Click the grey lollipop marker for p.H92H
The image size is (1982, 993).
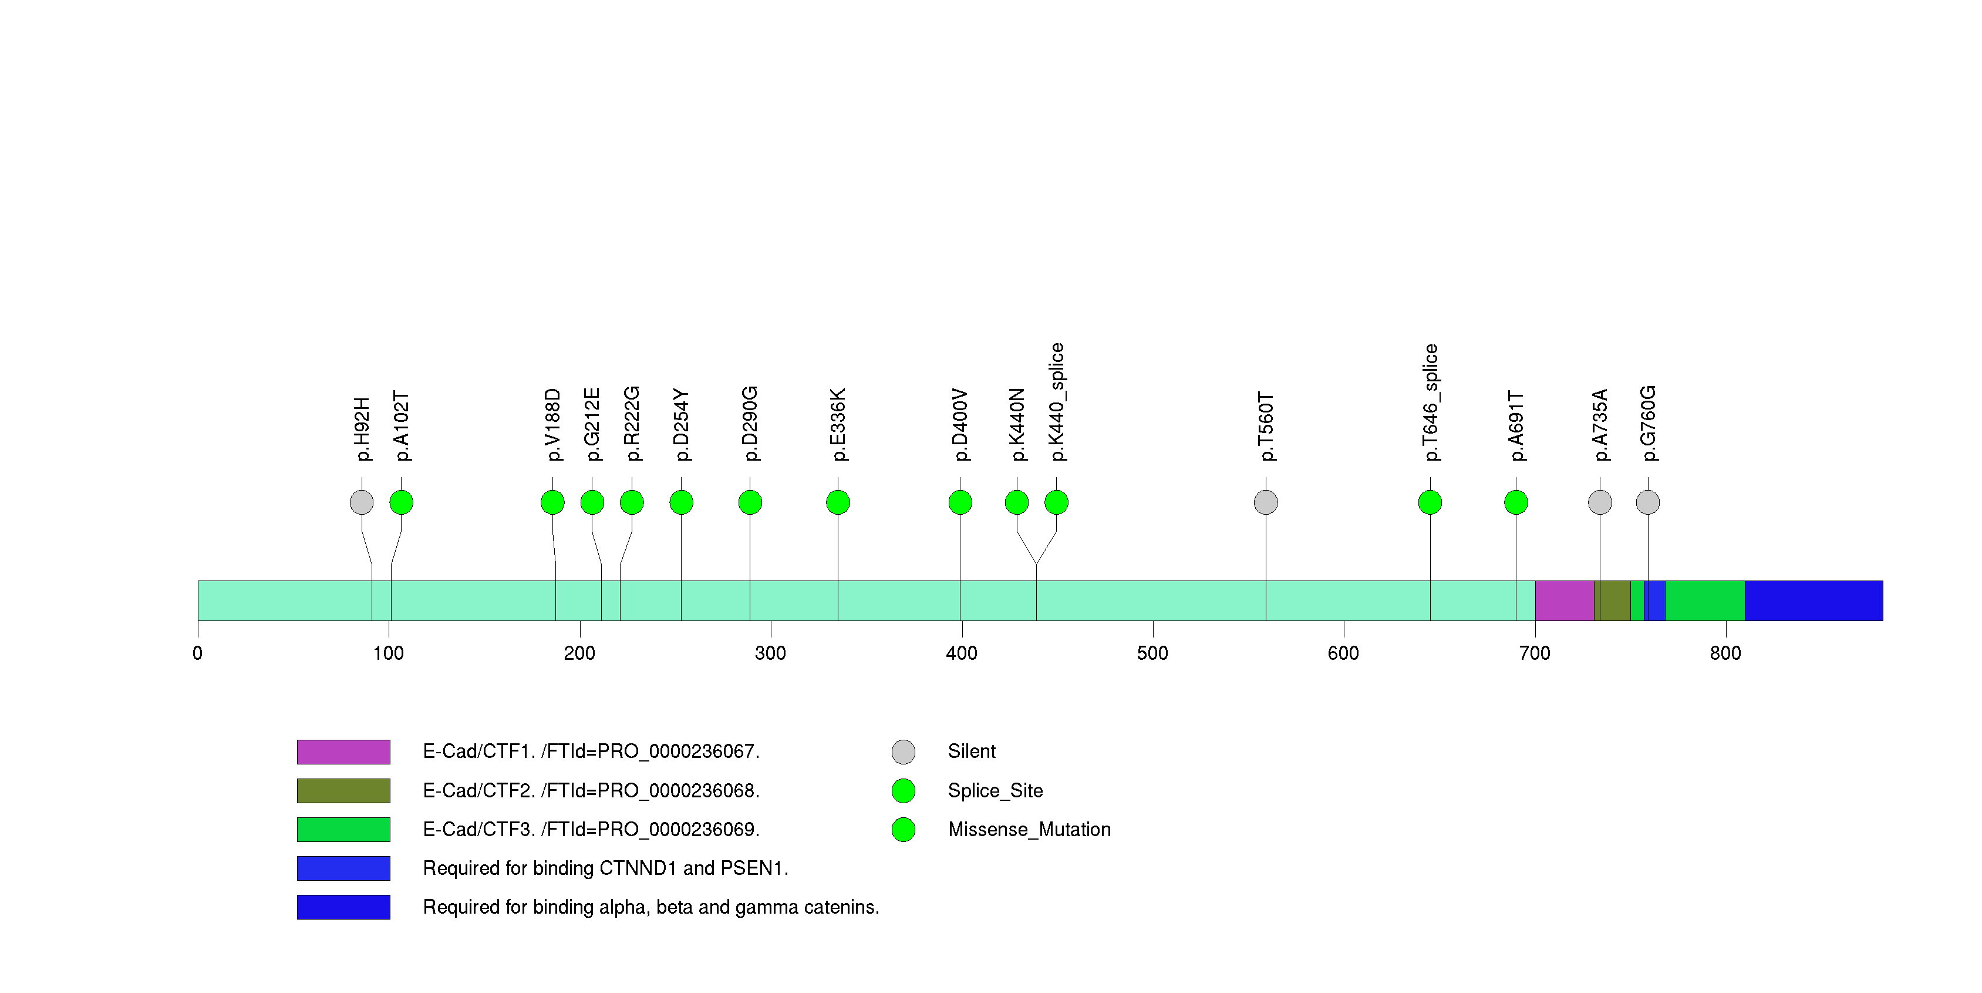pyautogui.click(x=362, y=502)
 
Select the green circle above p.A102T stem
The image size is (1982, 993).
pyautogui.click(x=402, y=502)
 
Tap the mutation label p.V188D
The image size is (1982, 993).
pyautogui.click(x=552, y=425)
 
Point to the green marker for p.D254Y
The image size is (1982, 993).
pyautogui.click(x=681, y=502)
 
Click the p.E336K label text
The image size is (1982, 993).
pyautogui.click(x=838, y=425)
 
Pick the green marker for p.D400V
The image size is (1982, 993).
pyautogui.click(x=960, y=502)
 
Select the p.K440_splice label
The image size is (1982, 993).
pyautogui.click(x=1056, y=402)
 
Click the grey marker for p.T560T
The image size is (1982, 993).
pyautogui.click(x=1266, y=502)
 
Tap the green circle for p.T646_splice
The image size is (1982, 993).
pyautogui.click(x=1430, y=502)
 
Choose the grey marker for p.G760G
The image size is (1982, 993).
pyautogui.click(x=1648, y=502)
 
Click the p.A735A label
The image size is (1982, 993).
pyautogui.click(x=1600, y=425)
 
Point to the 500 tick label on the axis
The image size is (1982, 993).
pyautogui.click(x=1152, y=653)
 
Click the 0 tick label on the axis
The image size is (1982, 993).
pyautogui.click(x=198, y=653)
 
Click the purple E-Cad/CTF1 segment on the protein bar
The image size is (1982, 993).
pyautogui.click(x=1564, y=601)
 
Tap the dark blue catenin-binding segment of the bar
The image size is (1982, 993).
pyautogui.click(x=1814, y=601)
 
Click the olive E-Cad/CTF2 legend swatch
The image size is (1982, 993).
pyautogui.click(x=343, y=790)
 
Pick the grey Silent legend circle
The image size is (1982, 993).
pyautogui.click(x=904, y=752)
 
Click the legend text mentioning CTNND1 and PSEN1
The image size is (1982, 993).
pyautogui.click(x=605, y=868)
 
